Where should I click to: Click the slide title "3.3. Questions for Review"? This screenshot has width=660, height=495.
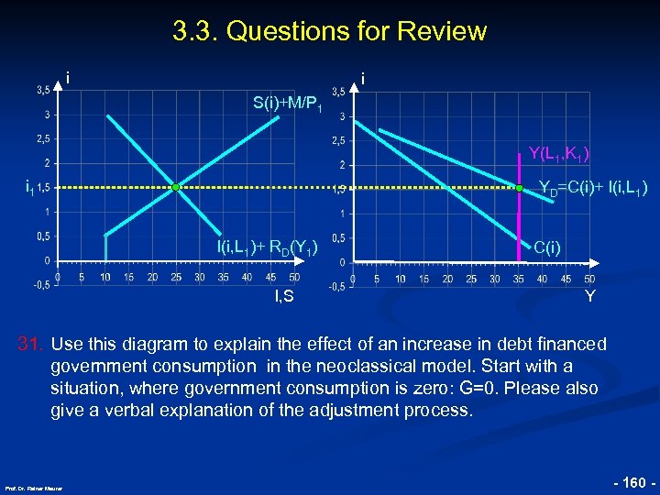[x=329, y=31]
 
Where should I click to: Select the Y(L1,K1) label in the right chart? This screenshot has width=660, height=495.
[x=558, y=153]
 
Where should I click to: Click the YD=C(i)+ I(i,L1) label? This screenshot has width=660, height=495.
[x=593, y=189]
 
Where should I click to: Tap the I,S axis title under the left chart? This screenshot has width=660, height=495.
[x=284, y=295]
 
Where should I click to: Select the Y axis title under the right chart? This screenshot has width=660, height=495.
[x=589, y=296]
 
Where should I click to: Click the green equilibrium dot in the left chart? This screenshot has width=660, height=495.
[x=176, y=187]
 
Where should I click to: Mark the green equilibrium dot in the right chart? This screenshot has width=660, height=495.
[x=518, y=188]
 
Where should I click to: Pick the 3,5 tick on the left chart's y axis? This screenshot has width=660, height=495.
[x=43, y=90]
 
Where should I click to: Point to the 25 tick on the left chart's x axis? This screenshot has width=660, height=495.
[x=176, y=277]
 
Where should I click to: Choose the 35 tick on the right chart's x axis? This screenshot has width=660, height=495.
[x=519, y=279]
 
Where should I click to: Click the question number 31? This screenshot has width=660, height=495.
[x=32, y=344]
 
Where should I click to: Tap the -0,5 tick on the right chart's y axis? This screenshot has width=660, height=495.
[x=337, y=287]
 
